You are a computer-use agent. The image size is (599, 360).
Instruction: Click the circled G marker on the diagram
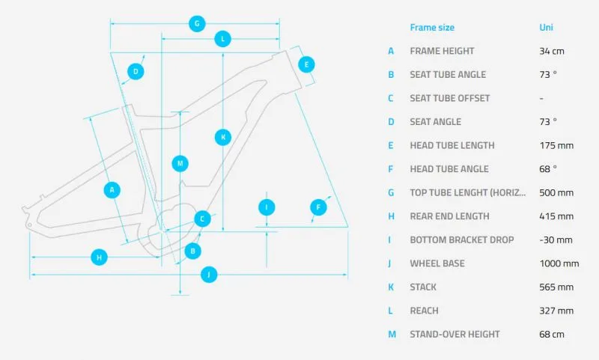point(197,24)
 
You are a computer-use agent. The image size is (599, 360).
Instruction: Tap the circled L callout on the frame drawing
point(222,39)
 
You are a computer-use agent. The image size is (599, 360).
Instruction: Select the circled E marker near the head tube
point(306,64)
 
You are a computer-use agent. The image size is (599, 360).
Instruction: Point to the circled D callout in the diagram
point(136,71)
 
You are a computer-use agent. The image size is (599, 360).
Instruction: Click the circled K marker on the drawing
point(223,138)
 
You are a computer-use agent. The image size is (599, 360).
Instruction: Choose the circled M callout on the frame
point(180,163)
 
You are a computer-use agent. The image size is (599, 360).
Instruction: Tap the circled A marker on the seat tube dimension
point(112,190)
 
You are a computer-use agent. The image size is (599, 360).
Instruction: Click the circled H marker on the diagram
point(100,257)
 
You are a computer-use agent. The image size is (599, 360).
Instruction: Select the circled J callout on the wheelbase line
point(209,275)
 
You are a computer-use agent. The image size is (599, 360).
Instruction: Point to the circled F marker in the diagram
point(319,207)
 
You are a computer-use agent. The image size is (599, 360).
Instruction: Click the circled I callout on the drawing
point(267,207)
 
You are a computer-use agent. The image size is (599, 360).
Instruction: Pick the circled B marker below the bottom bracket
point(193,251)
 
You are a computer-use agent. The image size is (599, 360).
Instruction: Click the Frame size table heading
point(432,28)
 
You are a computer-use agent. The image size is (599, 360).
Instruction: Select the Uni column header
point(546,27)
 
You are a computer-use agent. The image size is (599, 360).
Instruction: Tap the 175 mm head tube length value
point(556,145)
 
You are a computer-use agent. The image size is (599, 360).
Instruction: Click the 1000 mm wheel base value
point(559,263)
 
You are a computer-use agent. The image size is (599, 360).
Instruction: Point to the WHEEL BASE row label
point(437,263)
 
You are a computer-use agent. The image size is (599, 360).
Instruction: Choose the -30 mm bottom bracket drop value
point(556,240)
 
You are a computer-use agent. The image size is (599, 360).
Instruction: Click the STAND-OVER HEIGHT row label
point(454,335)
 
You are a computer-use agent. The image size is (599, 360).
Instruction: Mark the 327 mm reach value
point(556,311)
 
